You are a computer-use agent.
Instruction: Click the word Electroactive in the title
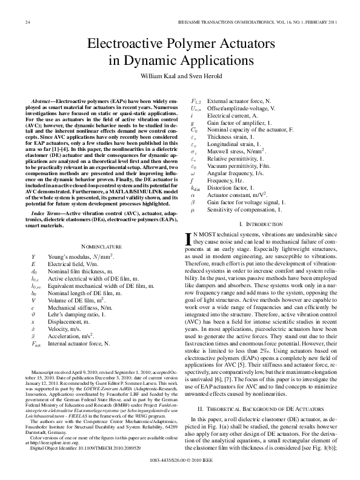[x=125, y=44]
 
